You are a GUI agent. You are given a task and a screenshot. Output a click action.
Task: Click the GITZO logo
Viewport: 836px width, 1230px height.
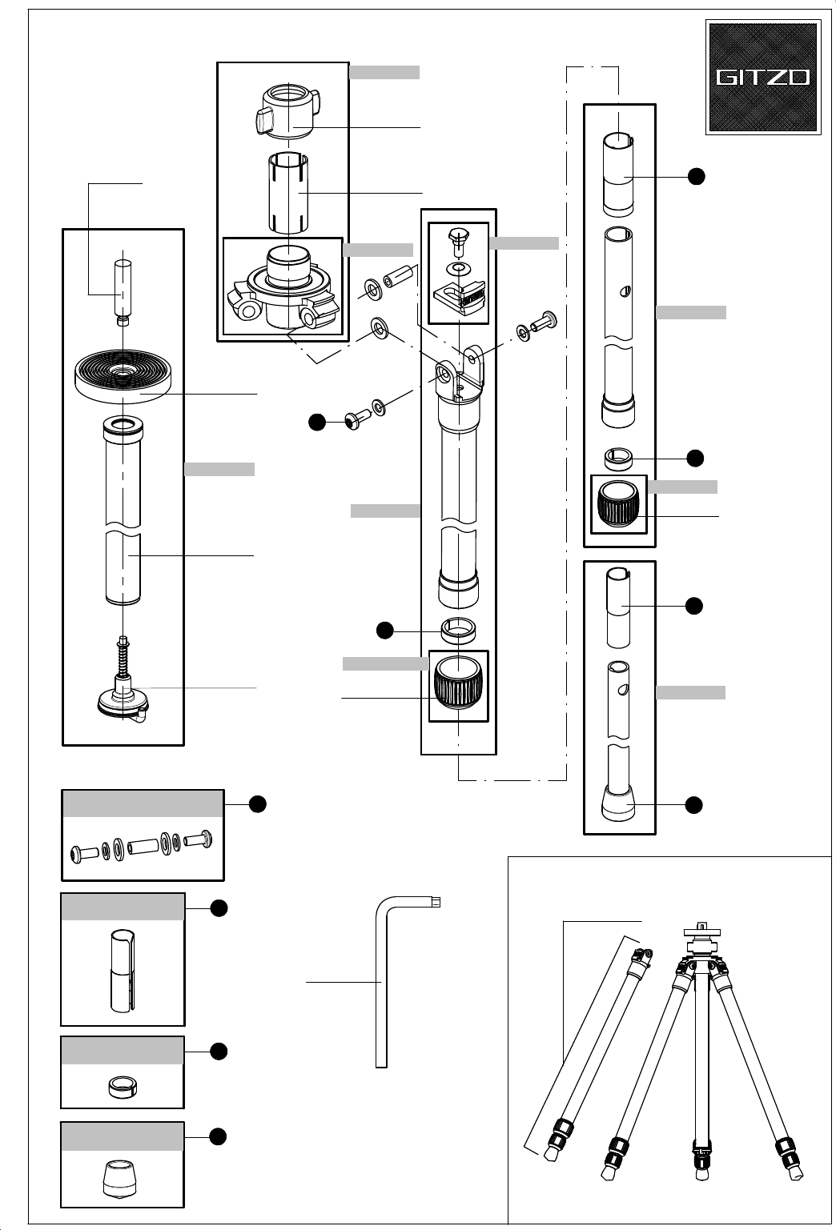(x=763, y=77)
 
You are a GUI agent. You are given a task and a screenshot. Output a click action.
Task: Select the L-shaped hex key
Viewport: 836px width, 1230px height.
(x=381, y=983)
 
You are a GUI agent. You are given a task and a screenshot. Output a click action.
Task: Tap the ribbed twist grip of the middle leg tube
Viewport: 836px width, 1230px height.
(x=458, y=682)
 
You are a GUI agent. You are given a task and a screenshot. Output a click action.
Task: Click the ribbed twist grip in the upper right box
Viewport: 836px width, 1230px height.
(x=618, y=503)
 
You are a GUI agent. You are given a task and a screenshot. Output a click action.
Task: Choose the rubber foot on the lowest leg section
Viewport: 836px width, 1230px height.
(x=618, y=803)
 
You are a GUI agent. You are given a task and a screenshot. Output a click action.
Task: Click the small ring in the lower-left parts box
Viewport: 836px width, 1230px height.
(x=123, y=1088)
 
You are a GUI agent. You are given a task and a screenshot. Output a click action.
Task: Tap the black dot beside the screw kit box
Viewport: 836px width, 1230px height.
(x=258, y=804)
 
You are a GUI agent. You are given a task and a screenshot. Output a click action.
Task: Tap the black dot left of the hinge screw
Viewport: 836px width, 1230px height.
(x=317, y=423)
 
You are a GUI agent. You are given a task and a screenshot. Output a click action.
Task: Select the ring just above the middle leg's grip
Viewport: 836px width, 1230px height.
(x=458, y=630)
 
